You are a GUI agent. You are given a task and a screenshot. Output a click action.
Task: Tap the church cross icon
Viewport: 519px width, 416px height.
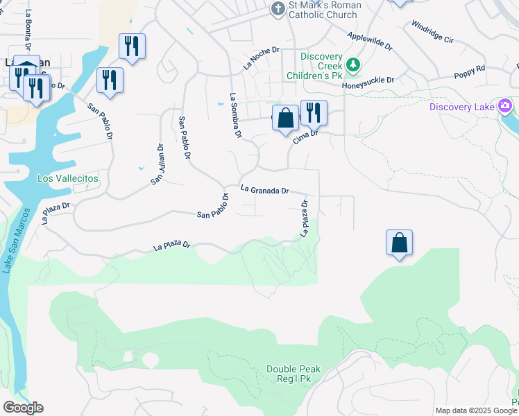point(278,9)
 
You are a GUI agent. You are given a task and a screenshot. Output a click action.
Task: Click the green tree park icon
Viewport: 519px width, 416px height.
point(353,64)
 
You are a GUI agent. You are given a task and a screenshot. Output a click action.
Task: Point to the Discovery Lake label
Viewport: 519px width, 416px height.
point(461,107)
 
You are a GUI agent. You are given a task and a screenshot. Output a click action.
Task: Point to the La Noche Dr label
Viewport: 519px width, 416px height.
point(261,59)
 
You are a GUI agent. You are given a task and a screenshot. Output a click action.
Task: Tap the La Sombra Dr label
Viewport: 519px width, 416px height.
point(235,116)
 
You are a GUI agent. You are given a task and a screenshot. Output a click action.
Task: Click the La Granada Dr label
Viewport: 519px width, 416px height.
point(264,189)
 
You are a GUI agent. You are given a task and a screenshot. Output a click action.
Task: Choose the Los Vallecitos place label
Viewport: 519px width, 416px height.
point(68,178)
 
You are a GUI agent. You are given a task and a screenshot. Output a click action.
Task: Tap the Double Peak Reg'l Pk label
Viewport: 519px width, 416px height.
point(293,374)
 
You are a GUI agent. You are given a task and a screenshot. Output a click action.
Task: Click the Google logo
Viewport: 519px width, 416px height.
point(23,408)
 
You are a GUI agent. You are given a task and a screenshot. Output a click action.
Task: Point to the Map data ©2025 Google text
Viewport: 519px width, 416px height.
point(477,410)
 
